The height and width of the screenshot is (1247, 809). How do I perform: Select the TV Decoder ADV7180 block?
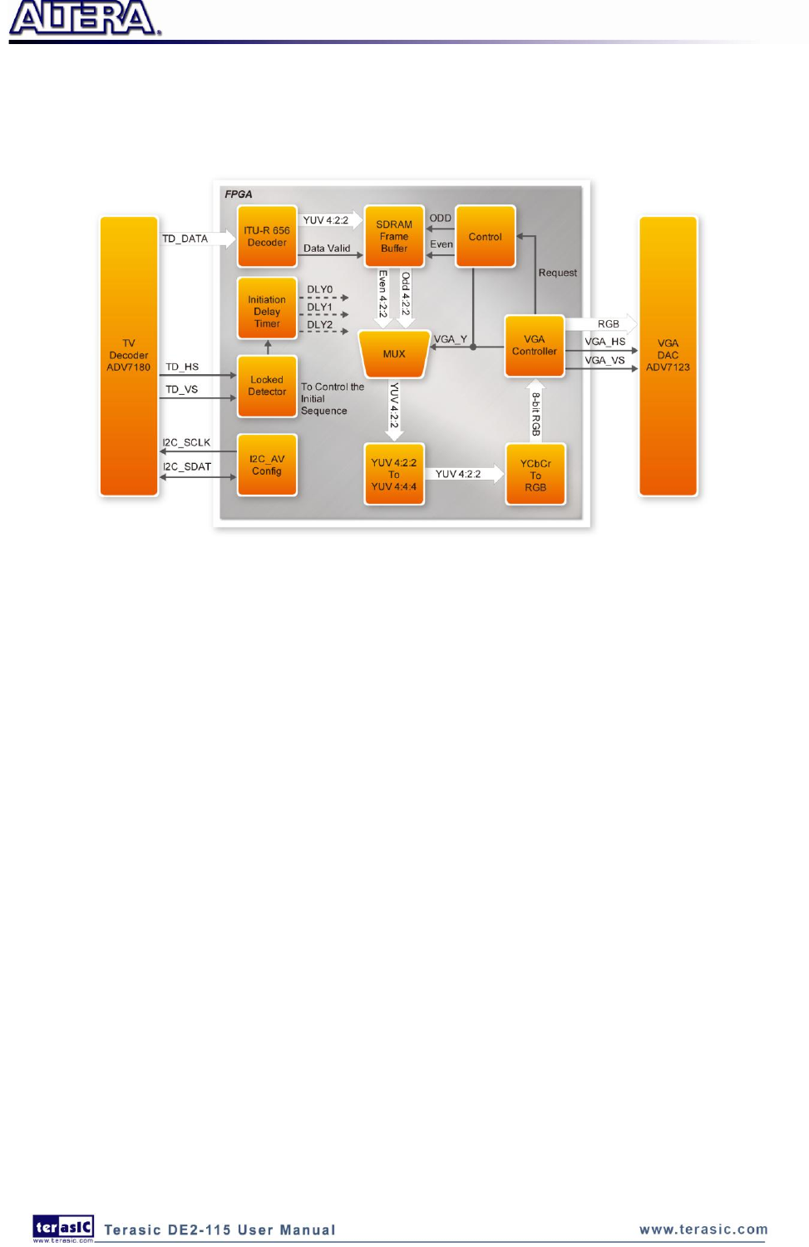click(x=129, y=356)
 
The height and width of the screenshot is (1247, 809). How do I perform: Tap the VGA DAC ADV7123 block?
click(x=668, y=356)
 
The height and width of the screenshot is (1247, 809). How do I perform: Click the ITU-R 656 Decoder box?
click(x=267, y=237)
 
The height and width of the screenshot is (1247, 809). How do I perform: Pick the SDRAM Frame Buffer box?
click(x=394, y=237)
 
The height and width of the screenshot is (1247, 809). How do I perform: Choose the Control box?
click(x=486, y=237)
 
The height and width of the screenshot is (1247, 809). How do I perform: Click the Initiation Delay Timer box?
click(x=267, y=309)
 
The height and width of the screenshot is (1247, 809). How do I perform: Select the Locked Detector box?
click(x=267, y=387)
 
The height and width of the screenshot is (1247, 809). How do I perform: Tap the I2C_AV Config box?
click(x=267, y=466)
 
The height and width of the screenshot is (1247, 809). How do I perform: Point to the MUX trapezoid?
click(x=394, y=354)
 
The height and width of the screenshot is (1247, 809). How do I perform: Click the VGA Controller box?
click(x=535, y=346)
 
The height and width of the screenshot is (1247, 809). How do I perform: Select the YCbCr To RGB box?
click(x=535, y=476)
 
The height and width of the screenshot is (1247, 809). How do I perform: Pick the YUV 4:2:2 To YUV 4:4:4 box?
click(x=394, y=475)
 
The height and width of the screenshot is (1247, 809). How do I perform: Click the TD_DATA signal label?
click(x=185, y=239)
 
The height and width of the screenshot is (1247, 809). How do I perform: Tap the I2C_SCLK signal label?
click(x=186, y=443)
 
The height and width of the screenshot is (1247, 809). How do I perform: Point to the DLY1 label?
click(x=320, y=308)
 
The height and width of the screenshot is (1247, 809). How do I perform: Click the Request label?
click(x=557, y=273)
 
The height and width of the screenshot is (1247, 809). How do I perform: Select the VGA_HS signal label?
click(x=604, y=342)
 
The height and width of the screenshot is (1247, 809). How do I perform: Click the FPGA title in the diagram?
click(x=239, y=195)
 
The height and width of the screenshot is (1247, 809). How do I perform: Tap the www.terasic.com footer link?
click(x=703, y=1230)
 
